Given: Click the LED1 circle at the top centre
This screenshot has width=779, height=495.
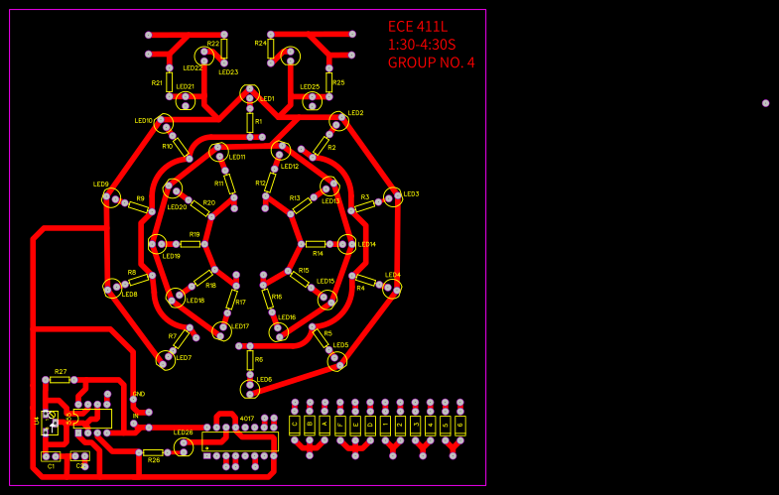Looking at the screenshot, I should [x=249, y=93].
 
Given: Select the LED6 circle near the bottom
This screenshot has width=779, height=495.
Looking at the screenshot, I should [x=250, y=388].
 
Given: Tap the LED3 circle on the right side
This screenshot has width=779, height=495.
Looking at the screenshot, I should [x=393, y=196].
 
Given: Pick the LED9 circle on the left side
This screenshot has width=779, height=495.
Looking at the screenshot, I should [x=111, y=197].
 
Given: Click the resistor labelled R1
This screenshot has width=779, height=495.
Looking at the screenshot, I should [x=250, y=122].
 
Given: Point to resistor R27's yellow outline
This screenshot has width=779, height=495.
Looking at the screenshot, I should [x=60, y=379].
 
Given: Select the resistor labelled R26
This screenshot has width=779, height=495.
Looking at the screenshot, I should [x=153, y=452].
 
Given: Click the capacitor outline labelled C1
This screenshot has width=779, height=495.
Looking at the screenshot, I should [x=51, y=456].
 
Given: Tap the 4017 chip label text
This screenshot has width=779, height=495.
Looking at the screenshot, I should [x=247, y=419].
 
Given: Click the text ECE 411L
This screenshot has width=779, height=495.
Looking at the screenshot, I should [x=418, y=27].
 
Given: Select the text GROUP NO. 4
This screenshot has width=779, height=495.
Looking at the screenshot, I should [x=431, y=62].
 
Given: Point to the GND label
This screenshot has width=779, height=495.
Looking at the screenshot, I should [x=139, y=394].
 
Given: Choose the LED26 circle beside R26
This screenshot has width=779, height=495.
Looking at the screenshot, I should [x=184, y=446].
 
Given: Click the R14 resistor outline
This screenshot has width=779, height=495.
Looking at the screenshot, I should [x=316, y=244].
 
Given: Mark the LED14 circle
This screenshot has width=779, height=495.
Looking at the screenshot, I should [x=346, y=244].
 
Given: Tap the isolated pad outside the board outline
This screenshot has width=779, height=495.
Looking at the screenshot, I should [x=765, y=103].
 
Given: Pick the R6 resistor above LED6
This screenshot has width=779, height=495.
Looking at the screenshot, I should [x=250, y=360].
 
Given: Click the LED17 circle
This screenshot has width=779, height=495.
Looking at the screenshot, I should [x=222, y=330].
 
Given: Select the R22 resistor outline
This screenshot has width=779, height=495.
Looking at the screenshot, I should [x=224, y=49].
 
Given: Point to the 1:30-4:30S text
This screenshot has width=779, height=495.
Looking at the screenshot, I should [x=422, y=45].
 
